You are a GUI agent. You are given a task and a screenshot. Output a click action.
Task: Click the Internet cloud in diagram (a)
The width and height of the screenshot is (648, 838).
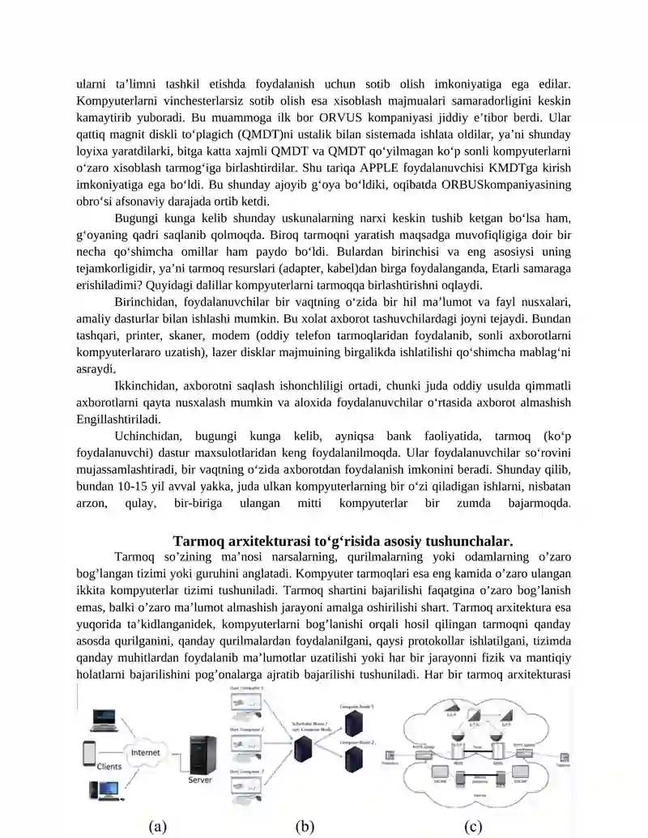146,753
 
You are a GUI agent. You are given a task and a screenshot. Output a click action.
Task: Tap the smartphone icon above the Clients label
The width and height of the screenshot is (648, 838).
90,752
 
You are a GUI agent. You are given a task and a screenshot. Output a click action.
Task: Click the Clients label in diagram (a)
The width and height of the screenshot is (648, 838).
109,767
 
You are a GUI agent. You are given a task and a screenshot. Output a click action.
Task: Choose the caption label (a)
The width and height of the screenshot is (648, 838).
158,826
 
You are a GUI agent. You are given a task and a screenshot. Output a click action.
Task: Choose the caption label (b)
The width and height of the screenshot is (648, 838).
305,826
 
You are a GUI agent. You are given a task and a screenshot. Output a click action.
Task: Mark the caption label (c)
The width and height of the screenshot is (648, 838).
473,826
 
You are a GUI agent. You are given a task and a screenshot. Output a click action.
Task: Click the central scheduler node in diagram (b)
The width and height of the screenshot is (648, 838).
305,746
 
